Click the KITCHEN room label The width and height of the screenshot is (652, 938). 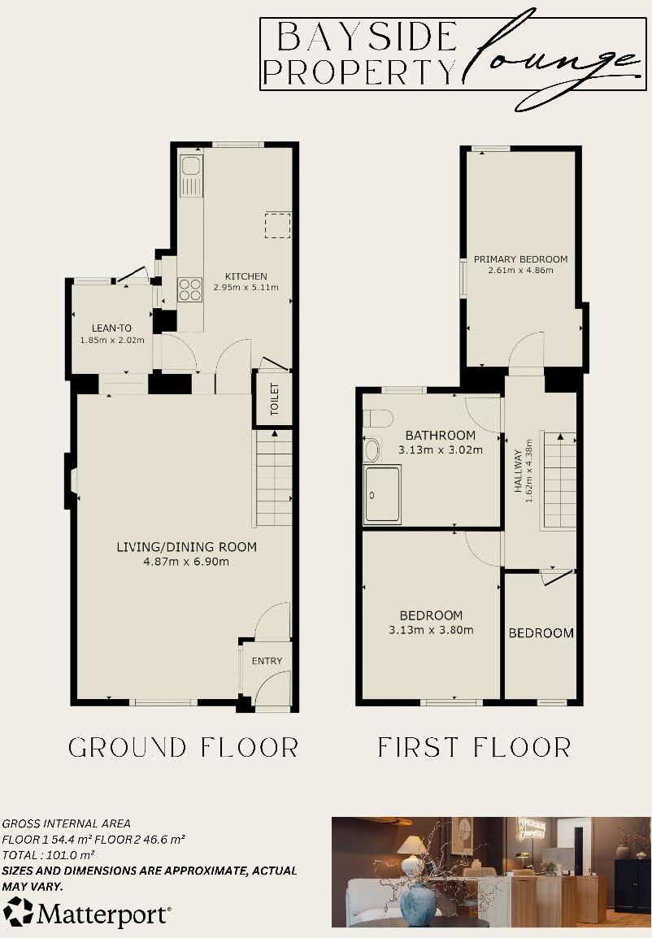pyautogui.click(x=246, y=276)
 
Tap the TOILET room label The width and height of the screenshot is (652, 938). pyautogui.click(x=274, y=398)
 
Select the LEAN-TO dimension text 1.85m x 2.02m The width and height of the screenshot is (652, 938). pyautogui.click(x=112, y=340)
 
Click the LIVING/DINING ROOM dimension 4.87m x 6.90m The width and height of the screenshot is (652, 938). pyautogui.click(x=186, y=561)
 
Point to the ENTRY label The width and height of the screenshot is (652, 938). pyautogui.click(x=267, y=661)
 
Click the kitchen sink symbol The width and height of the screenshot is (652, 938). pyautogui.click(x=192, y=174)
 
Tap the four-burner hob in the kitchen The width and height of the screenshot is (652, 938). pyautogui.click(x=190, y=290)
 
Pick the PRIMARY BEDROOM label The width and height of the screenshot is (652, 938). pyautogui.click(x=521, y=259)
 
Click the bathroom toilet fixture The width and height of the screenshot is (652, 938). pyautogui.click(x=377, y=419)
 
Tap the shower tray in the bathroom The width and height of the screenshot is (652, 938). pyautogui.click(x=382, y=493)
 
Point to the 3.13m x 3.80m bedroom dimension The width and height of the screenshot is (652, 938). pyautogui.click(x=431, y=629)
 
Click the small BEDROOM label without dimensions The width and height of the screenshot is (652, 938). pyautogui.click(x=541, y=633)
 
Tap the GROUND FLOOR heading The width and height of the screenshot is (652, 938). pyautogui.click(x=183, y=747)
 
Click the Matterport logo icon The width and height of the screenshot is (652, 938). pyautogui.click(x=17, y=911)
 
